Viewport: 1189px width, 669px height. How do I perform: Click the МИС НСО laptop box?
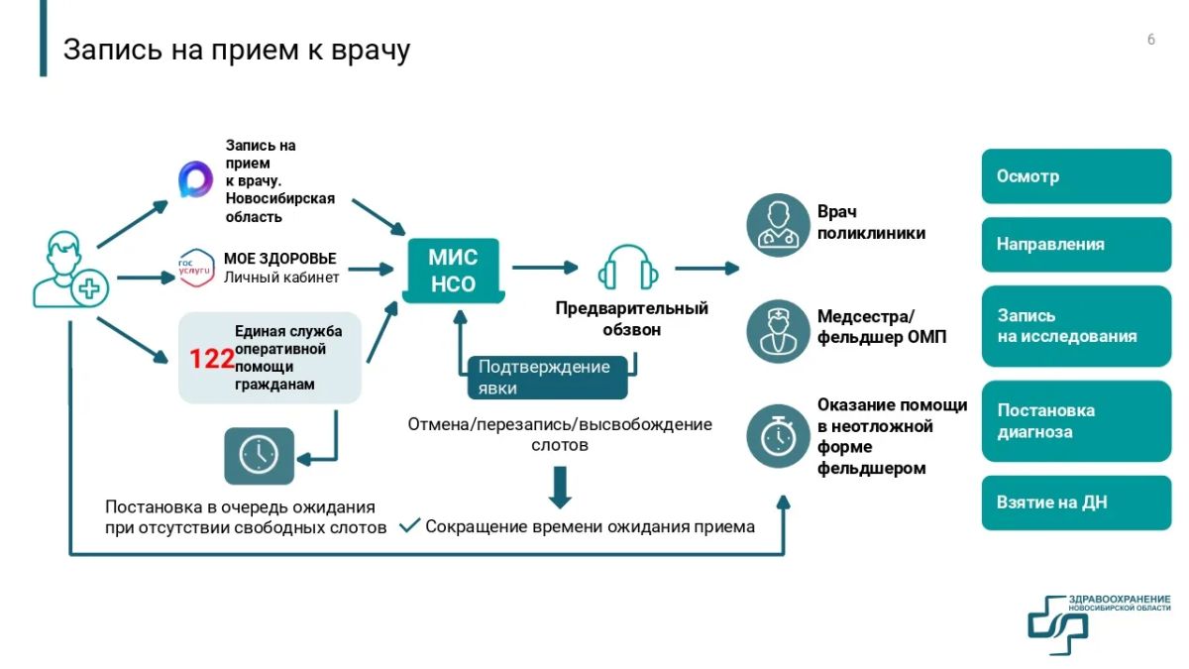pos(454,271)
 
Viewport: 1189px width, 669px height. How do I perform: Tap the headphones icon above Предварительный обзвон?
pos(628,267)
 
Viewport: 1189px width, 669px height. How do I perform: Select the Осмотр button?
pos(1076,175)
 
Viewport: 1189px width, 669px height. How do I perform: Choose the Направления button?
pos(1076,244)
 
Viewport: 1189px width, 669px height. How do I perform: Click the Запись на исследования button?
pos(1076,326)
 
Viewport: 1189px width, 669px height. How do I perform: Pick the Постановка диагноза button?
pos(1076,421)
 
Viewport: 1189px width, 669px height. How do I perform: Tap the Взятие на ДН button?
pos(1076,502)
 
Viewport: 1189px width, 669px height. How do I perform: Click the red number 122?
pos(211,359)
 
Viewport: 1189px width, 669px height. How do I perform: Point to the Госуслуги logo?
pos(196,269)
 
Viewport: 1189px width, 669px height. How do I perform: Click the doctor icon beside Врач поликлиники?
pos(778,225)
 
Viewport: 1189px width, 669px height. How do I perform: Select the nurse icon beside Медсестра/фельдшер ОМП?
pos(778,331)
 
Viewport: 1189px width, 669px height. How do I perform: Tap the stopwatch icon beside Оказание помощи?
pos(778,436)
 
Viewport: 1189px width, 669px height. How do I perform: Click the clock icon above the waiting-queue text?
pos(259,456)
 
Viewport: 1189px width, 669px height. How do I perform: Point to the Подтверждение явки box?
pos(547,378)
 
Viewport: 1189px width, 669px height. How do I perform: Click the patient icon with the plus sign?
pos(70,270)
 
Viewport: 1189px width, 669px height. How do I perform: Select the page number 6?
pos(1150,40)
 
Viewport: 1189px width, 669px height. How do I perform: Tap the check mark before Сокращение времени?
pos(410,525)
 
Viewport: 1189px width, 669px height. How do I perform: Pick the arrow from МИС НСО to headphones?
pos(545,267)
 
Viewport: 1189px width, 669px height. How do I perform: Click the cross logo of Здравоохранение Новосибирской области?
pos(1057,625)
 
